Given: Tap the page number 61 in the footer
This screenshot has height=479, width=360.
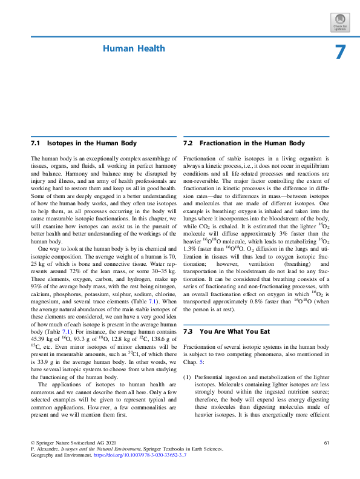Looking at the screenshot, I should pyautogui.click(x=327, y=444).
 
